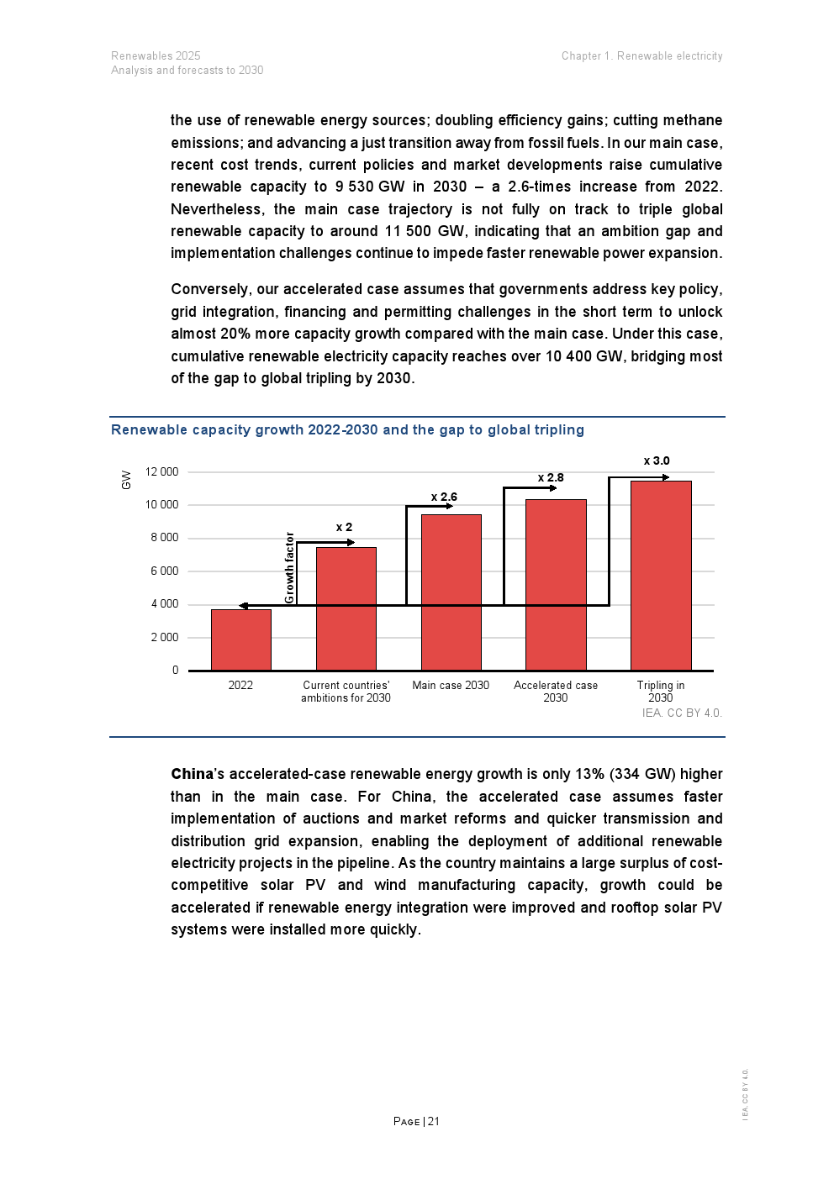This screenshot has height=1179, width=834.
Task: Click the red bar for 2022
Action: (x=241, y=640)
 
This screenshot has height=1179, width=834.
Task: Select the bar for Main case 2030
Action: (x=451, y=592)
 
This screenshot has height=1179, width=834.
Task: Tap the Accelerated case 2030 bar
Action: (x=556, y=585)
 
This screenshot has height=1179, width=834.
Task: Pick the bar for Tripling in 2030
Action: (x=661, y=576)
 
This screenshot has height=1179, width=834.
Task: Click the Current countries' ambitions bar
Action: (x=346, y=608)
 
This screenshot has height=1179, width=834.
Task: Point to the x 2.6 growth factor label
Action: (x=444, y=497)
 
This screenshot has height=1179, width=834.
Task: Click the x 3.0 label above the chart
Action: (x=657, y=461)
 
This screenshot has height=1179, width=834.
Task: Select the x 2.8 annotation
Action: (x=551, y=477)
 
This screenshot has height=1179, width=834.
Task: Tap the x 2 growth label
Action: (x=344, y=527)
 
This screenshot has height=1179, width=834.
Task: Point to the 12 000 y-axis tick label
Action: (x=161, y=471)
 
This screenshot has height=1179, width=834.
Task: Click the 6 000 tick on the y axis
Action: (x=165, y=571)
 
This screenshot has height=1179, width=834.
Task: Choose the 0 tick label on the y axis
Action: (x=175, y=670)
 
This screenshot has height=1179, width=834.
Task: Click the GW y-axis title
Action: (x=126, y=480)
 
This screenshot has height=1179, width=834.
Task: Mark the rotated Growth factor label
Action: (x=289, y=567)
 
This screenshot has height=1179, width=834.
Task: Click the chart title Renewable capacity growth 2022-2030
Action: (x=347, y=429)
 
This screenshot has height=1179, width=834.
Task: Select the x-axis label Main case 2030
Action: (x=451, y=685)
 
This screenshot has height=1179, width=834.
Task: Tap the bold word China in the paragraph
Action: (x=192, y=774)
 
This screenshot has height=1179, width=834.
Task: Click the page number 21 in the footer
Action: (x=433, y=1121)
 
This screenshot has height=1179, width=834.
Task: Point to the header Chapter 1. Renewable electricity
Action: (x=641, y=56)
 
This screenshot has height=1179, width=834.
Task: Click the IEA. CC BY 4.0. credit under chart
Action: (x=682, y=713)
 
